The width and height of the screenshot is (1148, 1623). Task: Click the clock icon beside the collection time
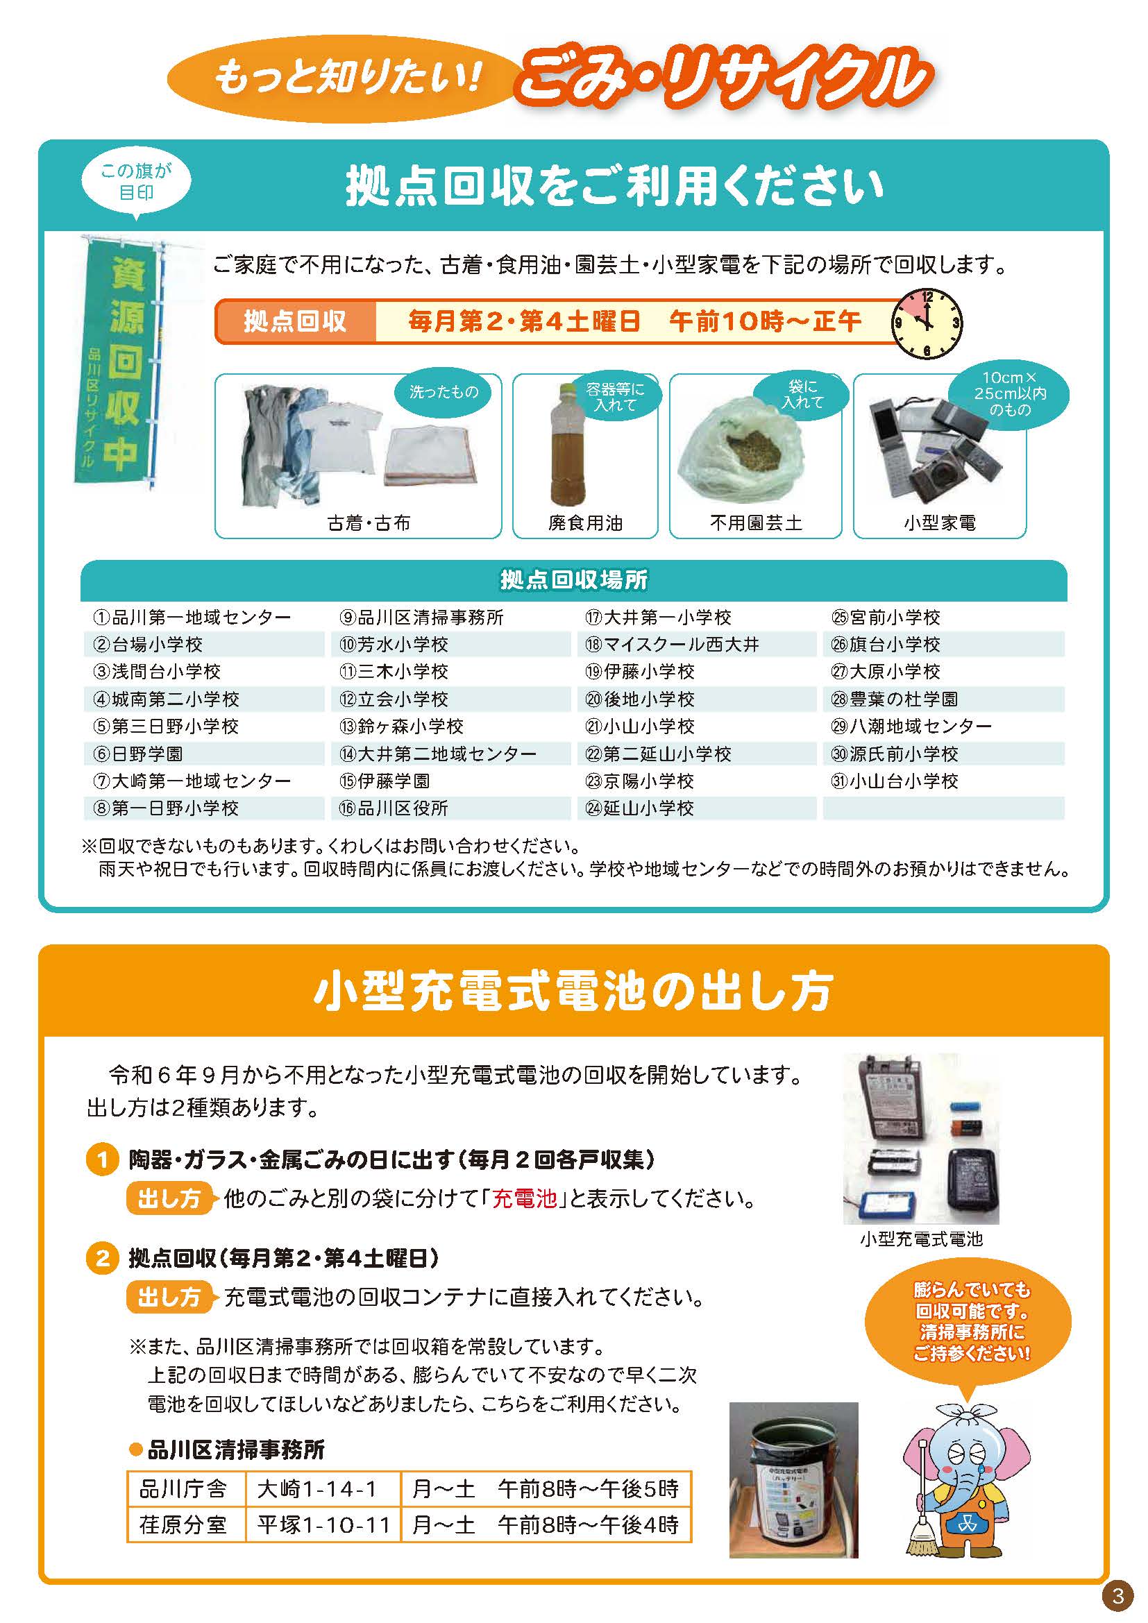pos(927,325)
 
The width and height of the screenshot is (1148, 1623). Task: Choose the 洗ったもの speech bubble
pos(444,392)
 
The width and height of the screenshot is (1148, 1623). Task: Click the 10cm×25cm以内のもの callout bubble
pos(1010,395)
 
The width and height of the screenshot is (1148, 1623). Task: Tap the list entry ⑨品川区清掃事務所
pos(421,617)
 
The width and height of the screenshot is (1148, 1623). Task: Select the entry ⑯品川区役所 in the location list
pos(394,808)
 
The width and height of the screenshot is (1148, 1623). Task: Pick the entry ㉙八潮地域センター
pos(912,726)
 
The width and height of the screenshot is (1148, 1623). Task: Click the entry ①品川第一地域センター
pos(192,617)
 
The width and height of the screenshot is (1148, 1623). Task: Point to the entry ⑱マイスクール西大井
pos(673,644)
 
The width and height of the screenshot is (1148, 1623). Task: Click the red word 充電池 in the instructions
pos(525,1199)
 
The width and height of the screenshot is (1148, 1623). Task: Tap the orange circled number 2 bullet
pos(103,1258)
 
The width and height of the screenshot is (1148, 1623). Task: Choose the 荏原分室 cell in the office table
pos(183,1524)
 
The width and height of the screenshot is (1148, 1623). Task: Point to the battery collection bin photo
pos(793,1479)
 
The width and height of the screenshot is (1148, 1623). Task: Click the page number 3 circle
pos(1117,1595)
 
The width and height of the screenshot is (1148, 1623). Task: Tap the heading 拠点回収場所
pos(574,580)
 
